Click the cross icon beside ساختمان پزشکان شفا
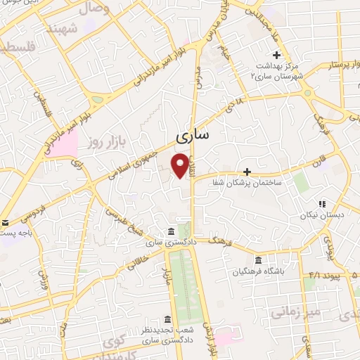(x=247, y=171)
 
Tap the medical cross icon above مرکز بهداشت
(x=277, y=54)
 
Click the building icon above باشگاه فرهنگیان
(x=258, y=259)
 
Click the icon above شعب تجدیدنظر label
(x=167, y=318)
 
